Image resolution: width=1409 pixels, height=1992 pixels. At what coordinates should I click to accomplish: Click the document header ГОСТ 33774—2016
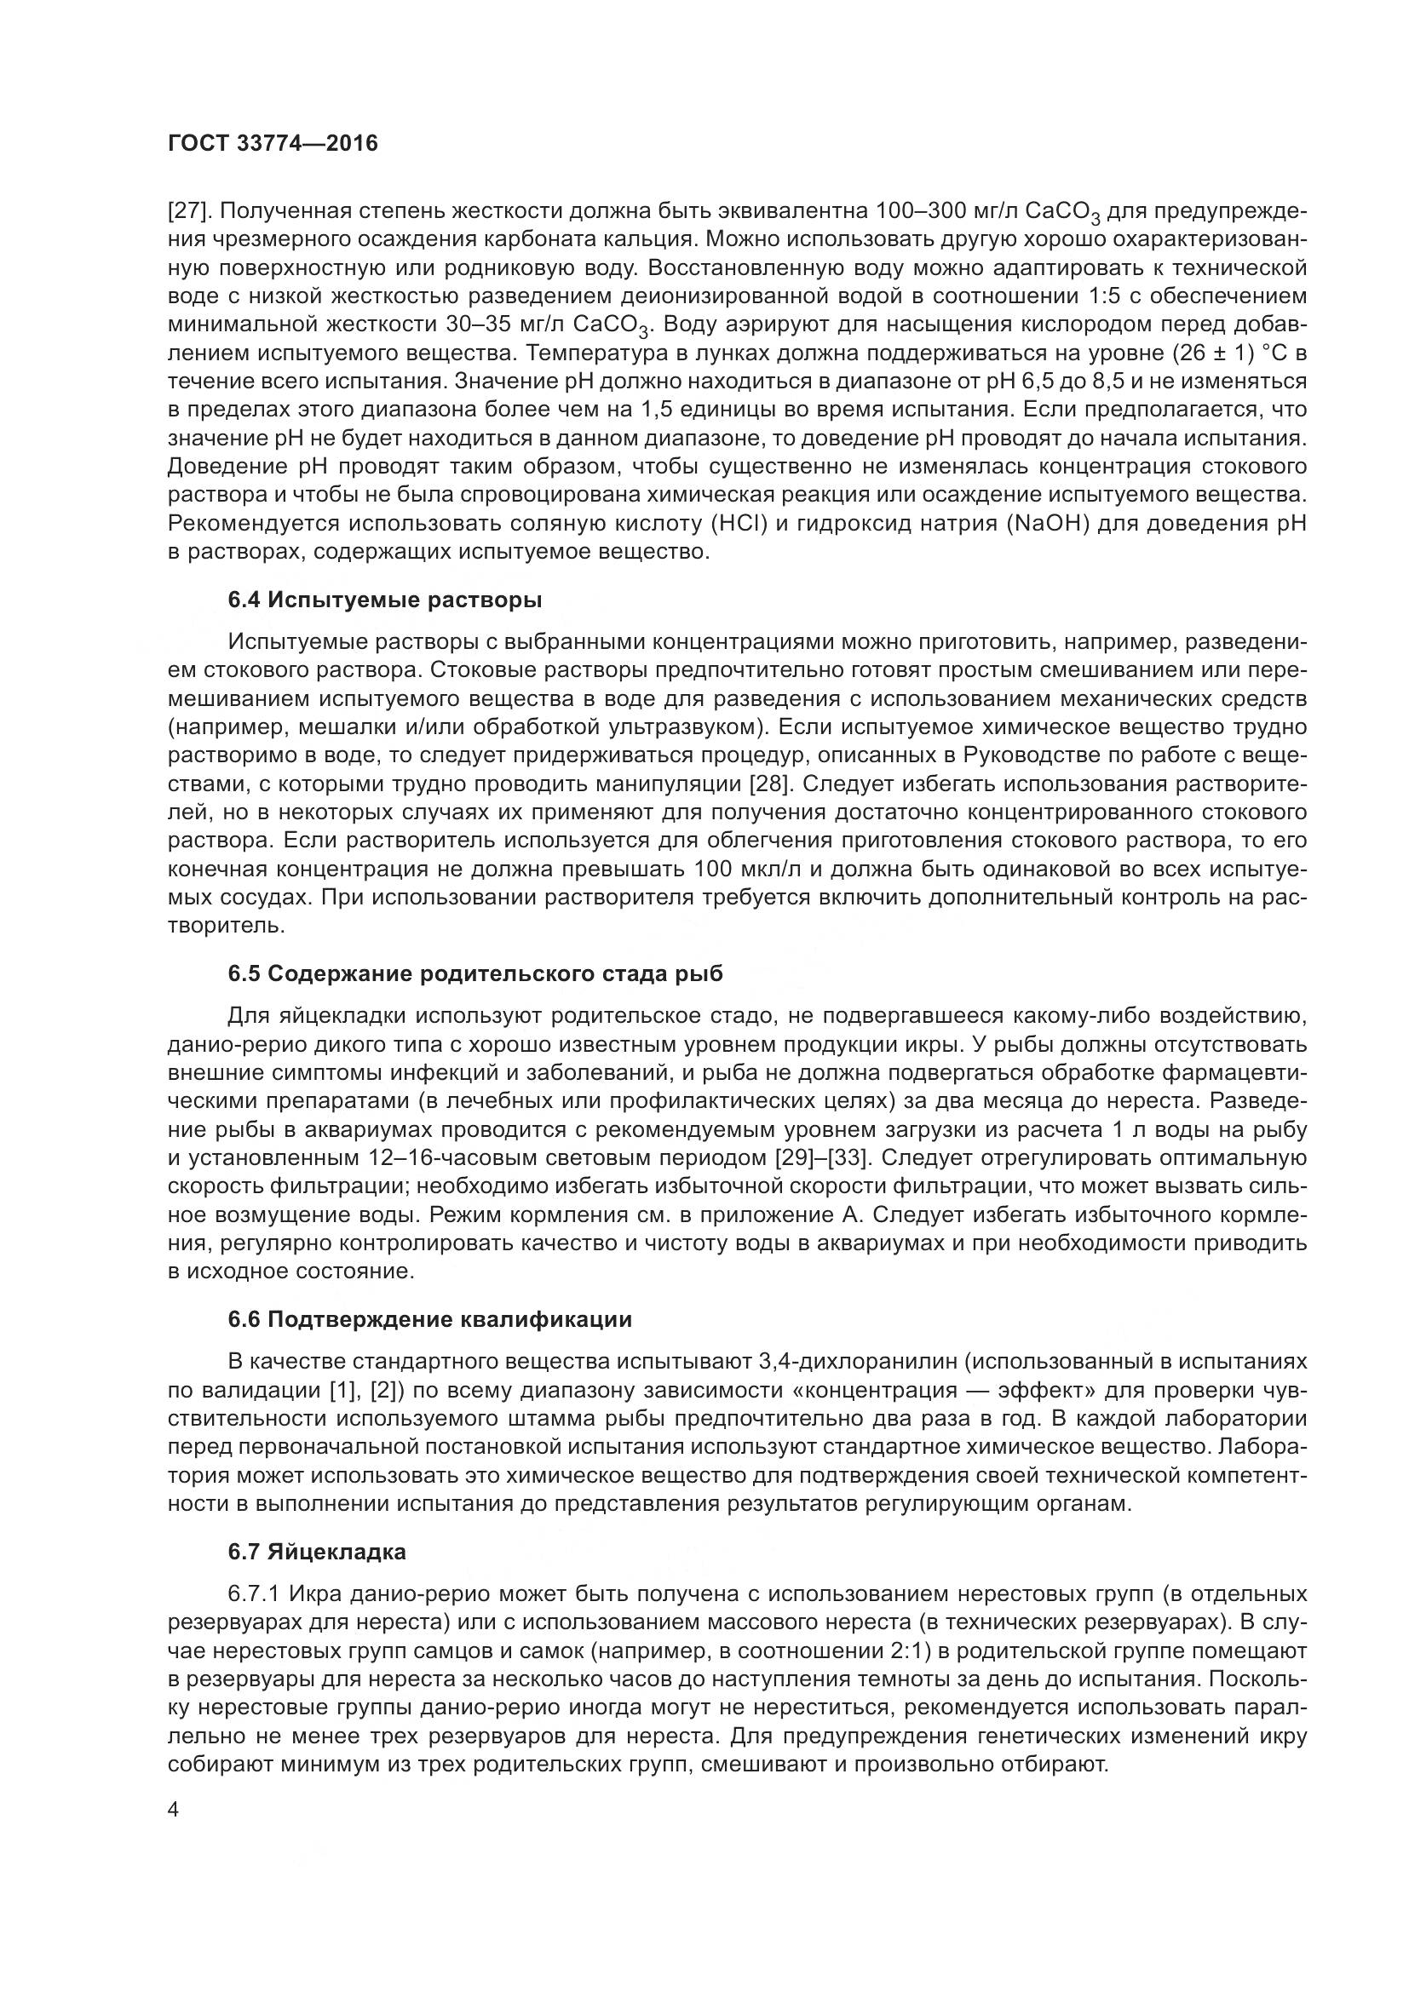pyautogui.click(x=273, y=143)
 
